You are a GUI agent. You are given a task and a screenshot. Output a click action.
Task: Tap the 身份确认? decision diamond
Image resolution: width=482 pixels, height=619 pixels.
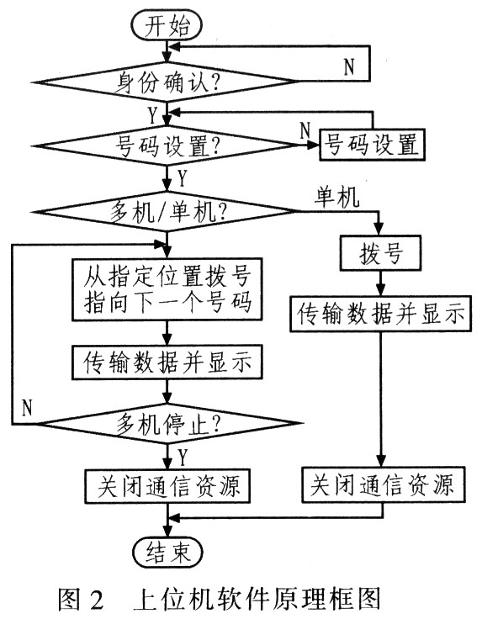[169, 82]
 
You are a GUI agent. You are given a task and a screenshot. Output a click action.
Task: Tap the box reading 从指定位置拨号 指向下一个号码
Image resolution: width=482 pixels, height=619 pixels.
[169, 289]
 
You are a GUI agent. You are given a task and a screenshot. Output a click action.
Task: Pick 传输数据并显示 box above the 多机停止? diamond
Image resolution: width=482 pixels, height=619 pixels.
[169, 362]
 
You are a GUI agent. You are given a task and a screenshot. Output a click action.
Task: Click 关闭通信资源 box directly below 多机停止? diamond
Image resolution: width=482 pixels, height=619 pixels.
[168, 486]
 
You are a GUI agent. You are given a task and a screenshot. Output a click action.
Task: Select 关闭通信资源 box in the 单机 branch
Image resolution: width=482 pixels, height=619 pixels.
[382, 485]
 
